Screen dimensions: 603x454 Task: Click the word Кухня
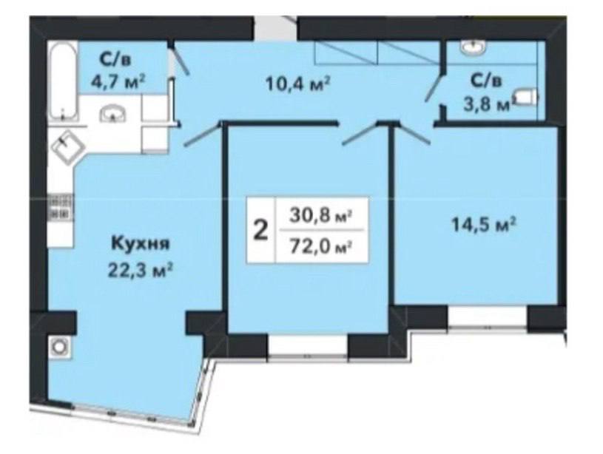pos(141,244)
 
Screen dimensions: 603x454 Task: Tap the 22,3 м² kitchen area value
pos(140,271)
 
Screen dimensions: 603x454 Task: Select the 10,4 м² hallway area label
pos(299,83)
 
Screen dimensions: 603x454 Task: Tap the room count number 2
pos(261,231)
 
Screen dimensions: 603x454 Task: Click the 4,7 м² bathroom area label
pos(118,81)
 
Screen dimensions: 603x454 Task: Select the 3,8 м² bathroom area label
pos(488,104)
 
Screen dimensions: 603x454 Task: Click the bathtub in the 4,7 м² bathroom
pos(63,82)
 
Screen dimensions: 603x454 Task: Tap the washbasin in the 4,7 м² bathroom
pos(112,114)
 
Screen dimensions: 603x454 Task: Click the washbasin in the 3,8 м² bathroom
pos(473,47)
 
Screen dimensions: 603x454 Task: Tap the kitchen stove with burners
pos(60,207)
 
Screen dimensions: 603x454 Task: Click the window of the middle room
pos(308,346)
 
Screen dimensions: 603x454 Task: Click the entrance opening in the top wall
pos(275,27)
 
